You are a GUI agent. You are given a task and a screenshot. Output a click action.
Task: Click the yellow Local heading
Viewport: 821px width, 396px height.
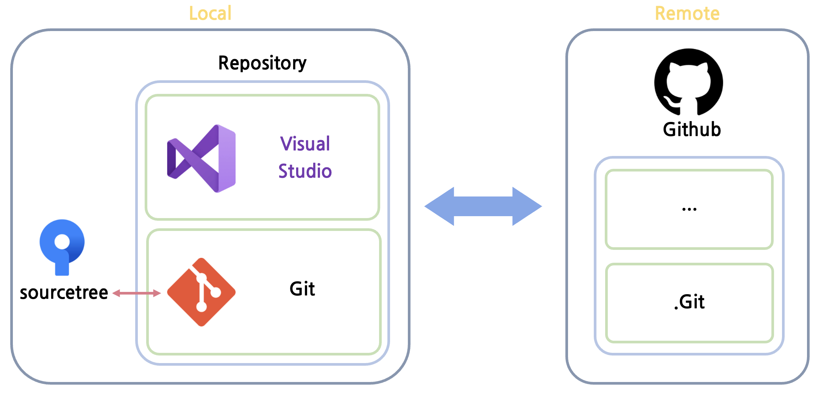click(210, 14)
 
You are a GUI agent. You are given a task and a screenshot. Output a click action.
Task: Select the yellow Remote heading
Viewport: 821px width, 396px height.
click(687, 14)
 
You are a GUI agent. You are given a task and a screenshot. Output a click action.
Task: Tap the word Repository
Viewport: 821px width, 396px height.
click(262, 63)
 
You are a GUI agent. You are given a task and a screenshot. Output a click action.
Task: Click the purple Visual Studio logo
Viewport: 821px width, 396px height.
click(202, 158)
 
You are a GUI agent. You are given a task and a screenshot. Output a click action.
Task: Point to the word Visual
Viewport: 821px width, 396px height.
click(305, 144)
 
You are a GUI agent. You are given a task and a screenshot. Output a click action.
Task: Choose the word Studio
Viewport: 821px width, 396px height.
click(305, 171)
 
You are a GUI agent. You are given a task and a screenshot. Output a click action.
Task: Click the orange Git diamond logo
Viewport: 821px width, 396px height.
click(201, 292)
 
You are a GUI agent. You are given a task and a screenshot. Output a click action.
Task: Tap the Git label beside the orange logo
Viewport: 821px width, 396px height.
click(302, 289)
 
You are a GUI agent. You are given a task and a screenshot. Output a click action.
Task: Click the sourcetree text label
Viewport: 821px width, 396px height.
click(64, 293)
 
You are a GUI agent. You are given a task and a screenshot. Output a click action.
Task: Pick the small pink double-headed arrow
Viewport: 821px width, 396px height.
click(137, 293)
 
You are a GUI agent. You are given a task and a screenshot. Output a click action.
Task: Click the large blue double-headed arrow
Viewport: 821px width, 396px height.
click(483, 206)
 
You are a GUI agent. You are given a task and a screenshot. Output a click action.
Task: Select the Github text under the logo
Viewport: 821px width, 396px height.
click(691, 129)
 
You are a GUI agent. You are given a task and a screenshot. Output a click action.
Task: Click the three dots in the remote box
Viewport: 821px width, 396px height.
click(689, 209)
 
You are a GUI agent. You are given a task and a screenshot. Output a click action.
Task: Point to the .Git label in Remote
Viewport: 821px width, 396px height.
click(689, 302)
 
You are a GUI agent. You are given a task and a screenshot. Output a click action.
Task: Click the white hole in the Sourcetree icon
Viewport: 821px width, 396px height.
click(62, 242)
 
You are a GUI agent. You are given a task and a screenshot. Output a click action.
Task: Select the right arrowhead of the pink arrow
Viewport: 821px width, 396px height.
click(156, 293)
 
